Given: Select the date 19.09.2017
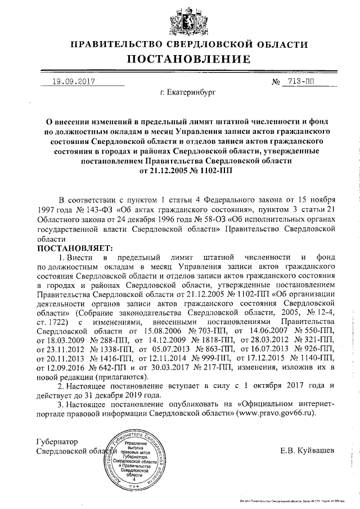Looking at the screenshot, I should pos(72,81).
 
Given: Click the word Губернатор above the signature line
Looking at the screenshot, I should pos(57,442).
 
